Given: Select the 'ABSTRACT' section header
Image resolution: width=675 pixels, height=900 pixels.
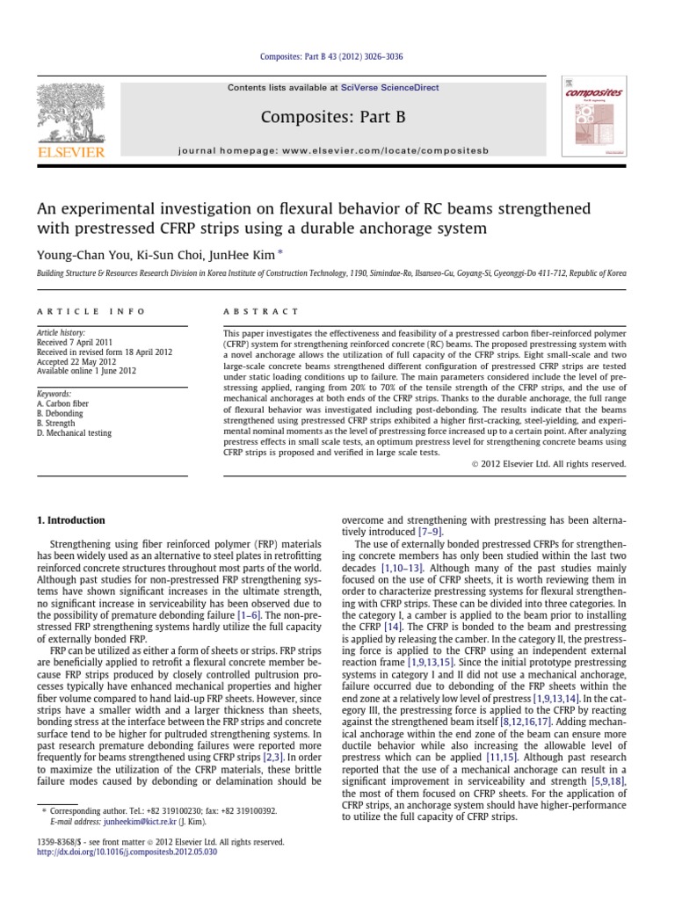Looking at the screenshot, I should pos(261,311).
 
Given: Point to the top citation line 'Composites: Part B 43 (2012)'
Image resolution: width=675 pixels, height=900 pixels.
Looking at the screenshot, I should pos(337,58).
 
